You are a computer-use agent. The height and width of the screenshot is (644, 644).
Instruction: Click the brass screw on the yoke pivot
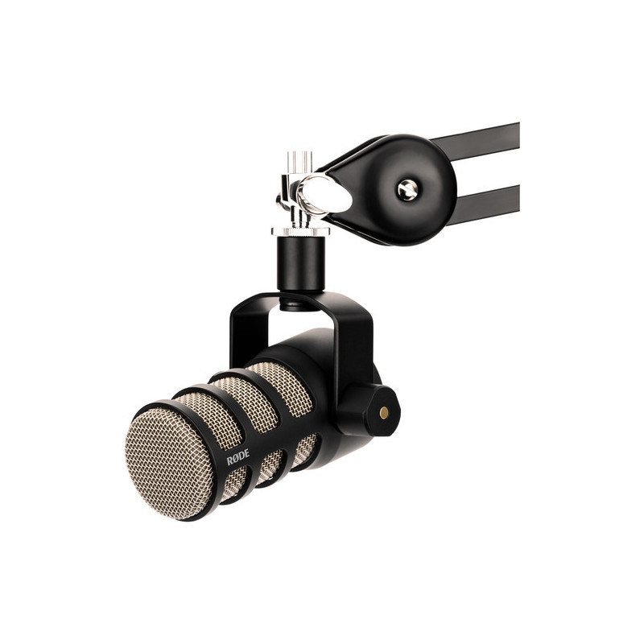point(383,411)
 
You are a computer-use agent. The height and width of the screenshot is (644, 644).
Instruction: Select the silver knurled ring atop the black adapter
point(294,233)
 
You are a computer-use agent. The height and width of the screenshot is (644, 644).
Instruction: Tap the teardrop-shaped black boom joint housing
point(394,185)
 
